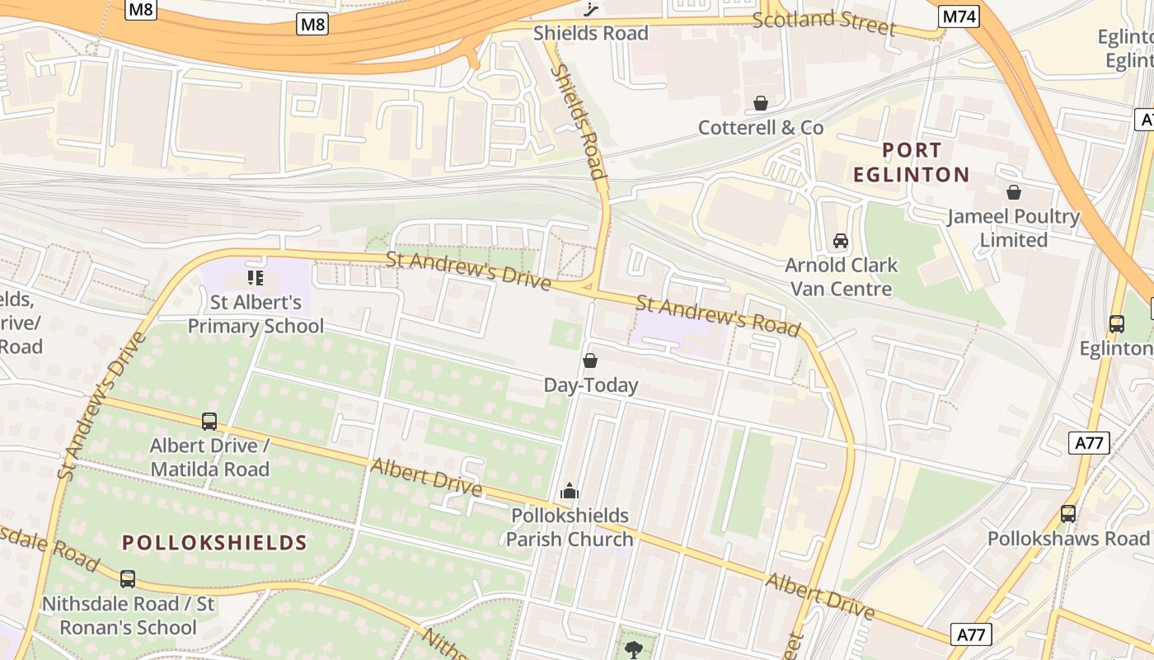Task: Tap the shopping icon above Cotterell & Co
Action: pos(761,103)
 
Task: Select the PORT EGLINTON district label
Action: pos(911,163)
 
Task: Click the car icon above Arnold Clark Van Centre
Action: pos(840,241)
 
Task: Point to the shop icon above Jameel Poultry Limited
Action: pos(1013,192)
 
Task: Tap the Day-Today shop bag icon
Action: pos(590,361)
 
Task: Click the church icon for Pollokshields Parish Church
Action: pos(569,492)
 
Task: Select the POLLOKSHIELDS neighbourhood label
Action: pos(214,543)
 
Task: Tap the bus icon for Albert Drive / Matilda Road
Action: pos(209,422)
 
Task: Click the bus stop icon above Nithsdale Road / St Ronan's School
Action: pos(128,579)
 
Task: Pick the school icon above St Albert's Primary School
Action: pos(256,278)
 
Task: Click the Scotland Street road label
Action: pos(823,22)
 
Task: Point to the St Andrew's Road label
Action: pos(718,317)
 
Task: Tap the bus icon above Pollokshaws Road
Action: pos(1068,514)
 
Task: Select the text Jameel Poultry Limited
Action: pos(1013,229)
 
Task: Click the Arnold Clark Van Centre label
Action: pos(841,277)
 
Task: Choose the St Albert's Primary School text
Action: pos(256,314)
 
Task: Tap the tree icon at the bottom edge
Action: pos(633,649)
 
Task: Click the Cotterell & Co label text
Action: pos(761,128)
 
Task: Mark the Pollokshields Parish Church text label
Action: pos(570,527)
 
